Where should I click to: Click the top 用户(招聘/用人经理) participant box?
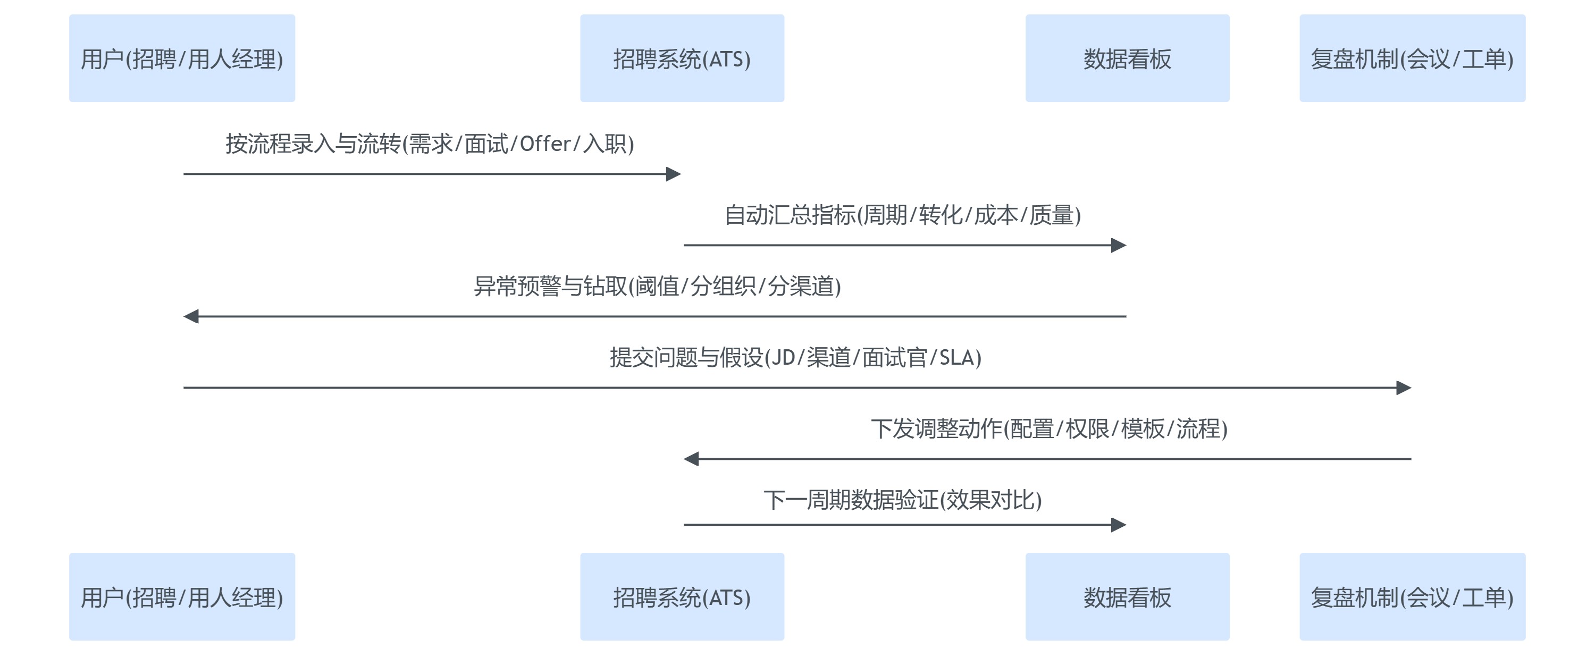(182, 58)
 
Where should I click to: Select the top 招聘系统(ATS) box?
(682, 58)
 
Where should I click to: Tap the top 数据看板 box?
(1127, 58)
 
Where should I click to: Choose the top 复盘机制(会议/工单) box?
(1412, 58)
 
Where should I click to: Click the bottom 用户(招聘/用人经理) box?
(182, 596)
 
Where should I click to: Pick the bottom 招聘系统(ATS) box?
(682, 596)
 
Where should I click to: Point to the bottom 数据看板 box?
(1127, 596)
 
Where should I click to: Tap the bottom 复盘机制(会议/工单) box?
(1412, 596)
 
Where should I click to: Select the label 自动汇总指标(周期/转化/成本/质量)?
(903, 215)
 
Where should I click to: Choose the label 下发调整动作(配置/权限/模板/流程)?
(1049, 428)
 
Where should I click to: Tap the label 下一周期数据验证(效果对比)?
(903, 499)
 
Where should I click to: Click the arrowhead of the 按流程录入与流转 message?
(674, 174)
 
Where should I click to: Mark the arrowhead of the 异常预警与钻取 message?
(191, 316)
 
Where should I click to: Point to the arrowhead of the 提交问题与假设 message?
(1404, 388)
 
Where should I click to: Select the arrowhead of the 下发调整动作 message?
(691, 459)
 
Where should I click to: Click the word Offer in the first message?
(545, 144)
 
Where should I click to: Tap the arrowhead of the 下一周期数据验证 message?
(1119, 525)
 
